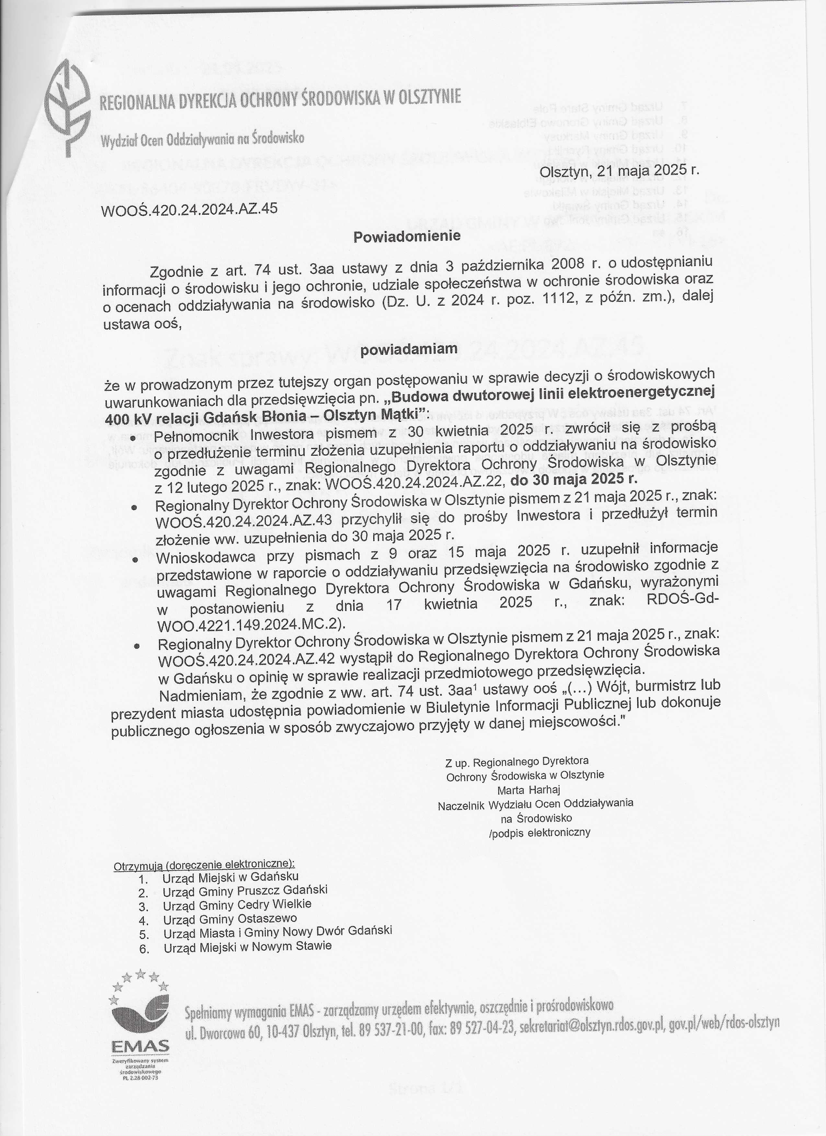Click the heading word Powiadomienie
(x=407, y=236)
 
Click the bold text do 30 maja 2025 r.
(x=574, y=479)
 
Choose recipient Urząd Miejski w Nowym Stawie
(x=247, y=946)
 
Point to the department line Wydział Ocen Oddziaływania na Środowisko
(x=202, y=139)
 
